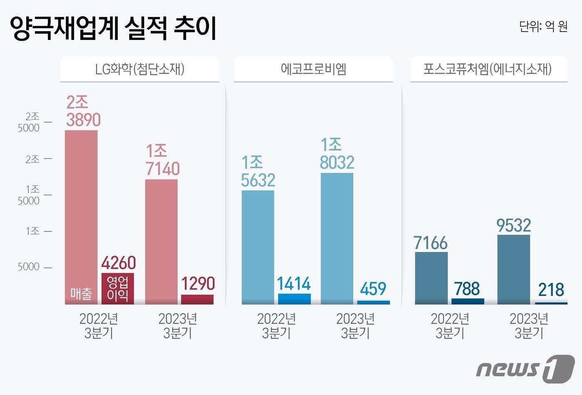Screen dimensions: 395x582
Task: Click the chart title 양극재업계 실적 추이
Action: point(113,28)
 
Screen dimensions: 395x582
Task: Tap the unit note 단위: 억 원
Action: point(543,27)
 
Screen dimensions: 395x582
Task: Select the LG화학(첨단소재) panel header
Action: point(140,69)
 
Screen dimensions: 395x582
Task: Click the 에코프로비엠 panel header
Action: point(313,69)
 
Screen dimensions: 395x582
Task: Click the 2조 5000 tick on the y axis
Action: point(29,122)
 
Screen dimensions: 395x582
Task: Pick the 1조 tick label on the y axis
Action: point(32,231)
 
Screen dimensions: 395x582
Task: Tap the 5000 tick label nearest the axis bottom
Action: point(29,267)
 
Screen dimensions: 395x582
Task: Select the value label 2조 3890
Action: point(83,111)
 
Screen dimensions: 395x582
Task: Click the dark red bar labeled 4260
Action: point(118,289)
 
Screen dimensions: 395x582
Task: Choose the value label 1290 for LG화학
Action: point(197,284)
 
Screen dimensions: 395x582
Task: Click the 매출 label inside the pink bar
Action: point(81,294)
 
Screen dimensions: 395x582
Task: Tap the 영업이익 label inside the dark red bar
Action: point(118,289)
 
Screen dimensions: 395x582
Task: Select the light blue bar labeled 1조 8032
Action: point(337,238)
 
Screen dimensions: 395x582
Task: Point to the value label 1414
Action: point(293,284)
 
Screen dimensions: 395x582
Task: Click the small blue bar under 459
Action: point(373,302)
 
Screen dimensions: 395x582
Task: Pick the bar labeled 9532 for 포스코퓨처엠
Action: point(513,269)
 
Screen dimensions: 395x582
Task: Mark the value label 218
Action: point(551,290)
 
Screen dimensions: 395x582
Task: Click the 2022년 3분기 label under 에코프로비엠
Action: point(276,326)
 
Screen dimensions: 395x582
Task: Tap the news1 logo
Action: point(525,368)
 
